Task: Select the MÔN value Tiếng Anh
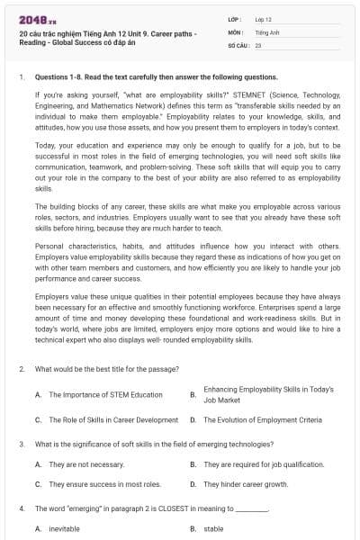[264, 31]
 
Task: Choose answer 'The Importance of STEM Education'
[106, 395]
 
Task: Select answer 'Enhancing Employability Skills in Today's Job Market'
[268, 394]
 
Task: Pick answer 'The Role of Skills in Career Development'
[113, 419]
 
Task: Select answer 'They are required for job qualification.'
[264, 464]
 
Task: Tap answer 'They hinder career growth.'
[246, 484]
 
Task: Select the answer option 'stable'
[213, 529]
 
